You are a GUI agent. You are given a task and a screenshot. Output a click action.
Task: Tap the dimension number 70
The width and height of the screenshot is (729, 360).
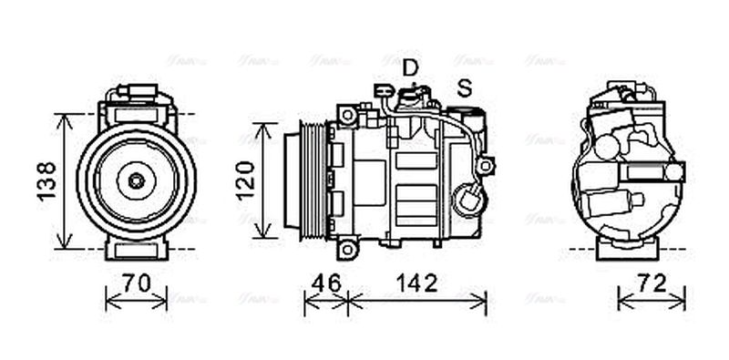137,283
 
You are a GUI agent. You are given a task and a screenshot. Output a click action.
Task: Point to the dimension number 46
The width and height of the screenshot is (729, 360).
325,283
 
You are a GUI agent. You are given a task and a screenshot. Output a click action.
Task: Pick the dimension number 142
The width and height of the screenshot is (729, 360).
416,283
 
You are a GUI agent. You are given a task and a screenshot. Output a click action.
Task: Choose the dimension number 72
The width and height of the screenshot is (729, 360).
651,283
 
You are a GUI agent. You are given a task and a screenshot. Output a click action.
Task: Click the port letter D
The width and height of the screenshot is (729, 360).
411,67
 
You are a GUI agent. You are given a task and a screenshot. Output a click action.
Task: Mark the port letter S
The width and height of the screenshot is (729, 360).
465,88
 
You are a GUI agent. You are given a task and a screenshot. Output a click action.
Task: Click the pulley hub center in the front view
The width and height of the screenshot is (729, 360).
136,180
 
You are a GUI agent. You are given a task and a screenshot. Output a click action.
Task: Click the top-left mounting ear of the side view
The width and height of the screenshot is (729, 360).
346,115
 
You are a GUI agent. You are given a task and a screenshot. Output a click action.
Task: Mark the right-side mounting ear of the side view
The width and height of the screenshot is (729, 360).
487,166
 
